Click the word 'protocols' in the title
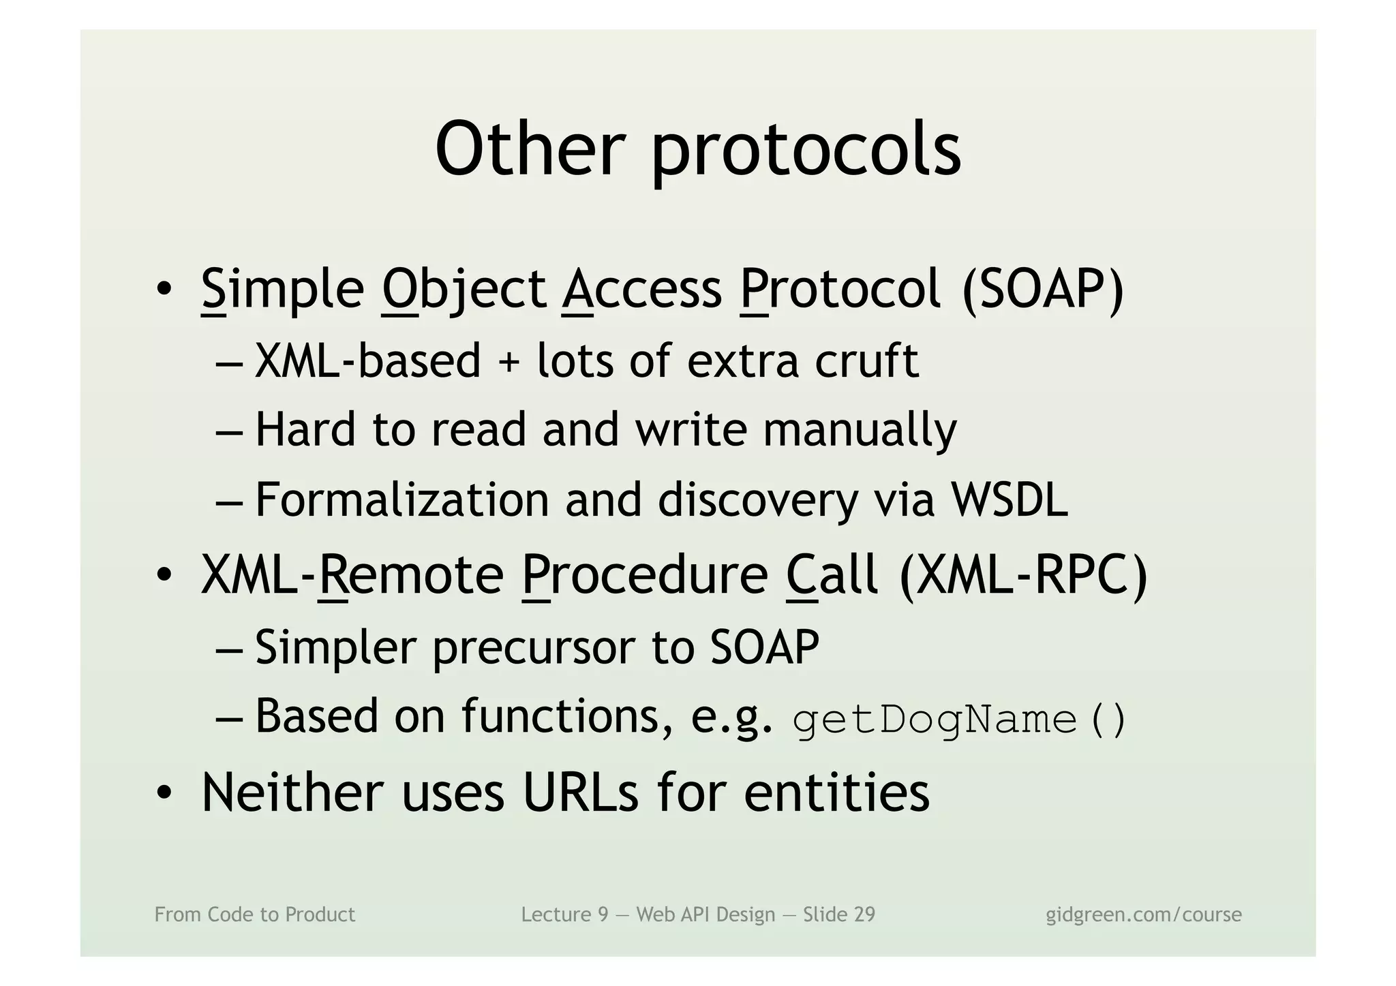click(806, 151)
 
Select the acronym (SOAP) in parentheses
click(1042, 289)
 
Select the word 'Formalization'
click(402, 499)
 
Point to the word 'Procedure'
click(645, 575)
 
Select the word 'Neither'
click(293, 792)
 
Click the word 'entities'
click(836, 792)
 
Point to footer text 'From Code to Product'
click(255, 914)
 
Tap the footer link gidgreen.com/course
click(1143, 914)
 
